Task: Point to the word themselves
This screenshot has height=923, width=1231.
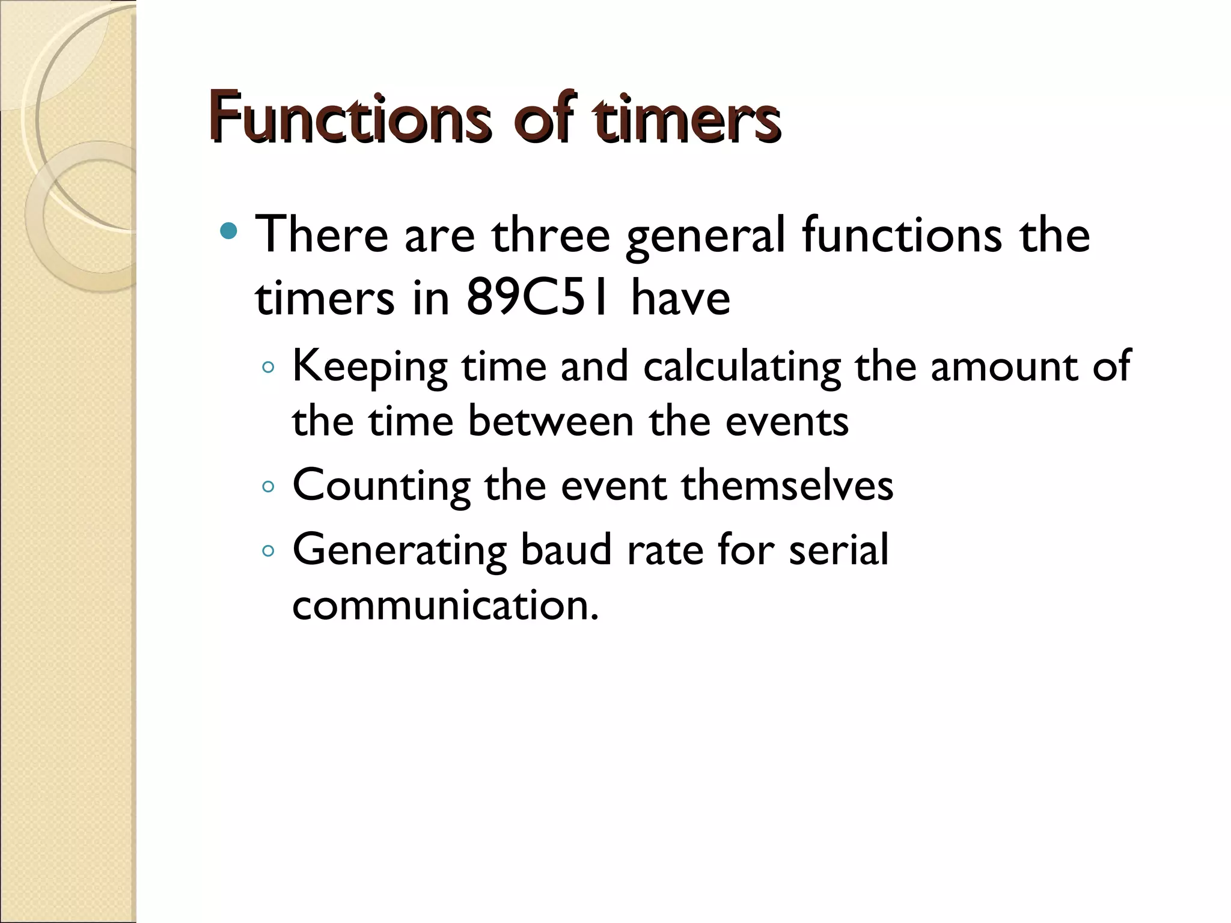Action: coord(787,485)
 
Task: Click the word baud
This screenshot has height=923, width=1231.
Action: coord(566,549)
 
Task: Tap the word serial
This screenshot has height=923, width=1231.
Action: coord(838,549)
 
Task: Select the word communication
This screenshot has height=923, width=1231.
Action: coord(445,605)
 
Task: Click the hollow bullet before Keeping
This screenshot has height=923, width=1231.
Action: coord(268,368)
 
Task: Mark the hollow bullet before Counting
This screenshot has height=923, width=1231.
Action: coord(268,486)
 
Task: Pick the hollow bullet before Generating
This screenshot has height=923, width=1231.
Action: coord(268,550)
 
